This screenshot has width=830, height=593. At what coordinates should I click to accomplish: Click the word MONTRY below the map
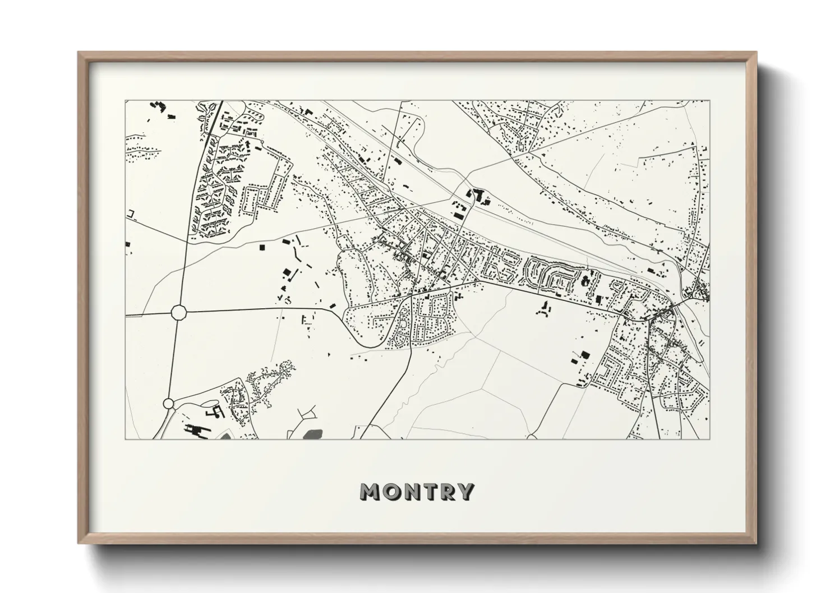click(x=417, y=492)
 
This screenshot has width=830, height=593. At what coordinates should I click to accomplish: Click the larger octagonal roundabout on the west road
click(x=178, y=312)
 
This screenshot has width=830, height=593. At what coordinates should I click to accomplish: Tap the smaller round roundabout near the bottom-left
click(x=168, y=403)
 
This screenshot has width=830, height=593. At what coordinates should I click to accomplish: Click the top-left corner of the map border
click(x=126, y=101)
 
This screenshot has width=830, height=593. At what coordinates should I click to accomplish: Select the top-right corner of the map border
click(x=709, y=101)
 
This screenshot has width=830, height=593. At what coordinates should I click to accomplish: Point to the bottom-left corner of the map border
click(x=126, y=439)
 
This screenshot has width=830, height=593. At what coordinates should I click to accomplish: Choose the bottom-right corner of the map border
click(x=709, y=439)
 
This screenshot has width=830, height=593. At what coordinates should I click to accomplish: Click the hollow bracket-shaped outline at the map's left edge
click(x=132, y=214)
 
